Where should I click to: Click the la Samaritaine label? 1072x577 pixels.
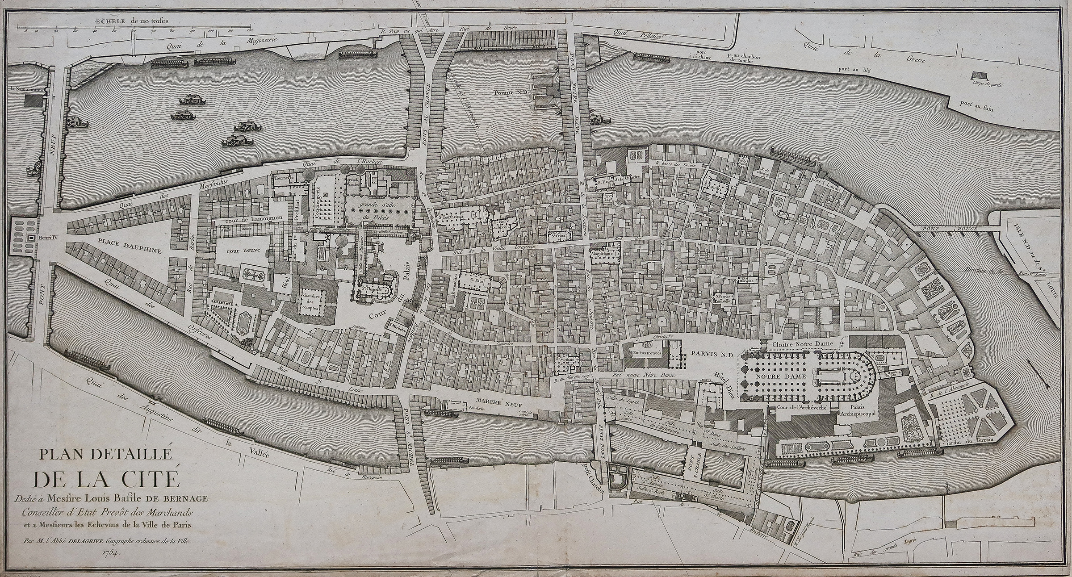coord(27,88)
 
